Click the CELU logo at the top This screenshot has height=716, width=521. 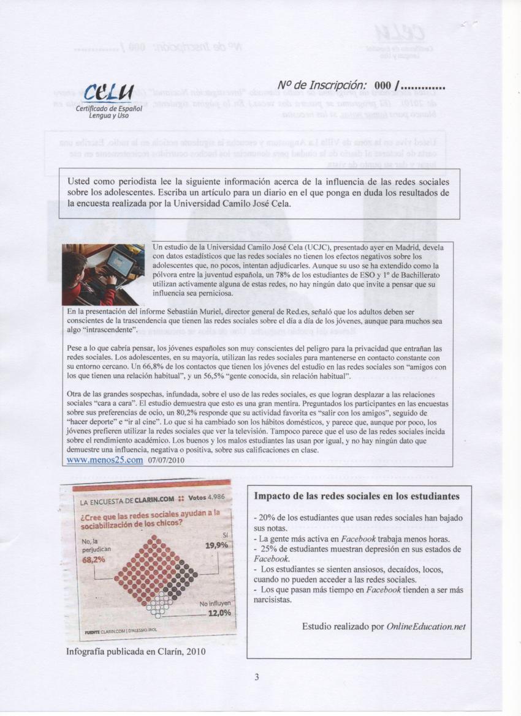(112, 94)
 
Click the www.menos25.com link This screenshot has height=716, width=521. (104, 460)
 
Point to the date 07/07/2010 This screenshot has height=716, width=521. (167, 460)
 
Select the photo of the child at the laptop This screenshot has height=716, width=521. (103, 274)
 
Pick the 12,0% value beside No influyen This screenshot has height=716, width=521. (219, 613)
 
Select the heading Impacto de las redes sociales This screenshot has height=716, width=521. (356, 496)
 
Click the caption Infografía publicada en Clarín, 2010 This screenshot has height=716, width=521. (135, 651)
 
